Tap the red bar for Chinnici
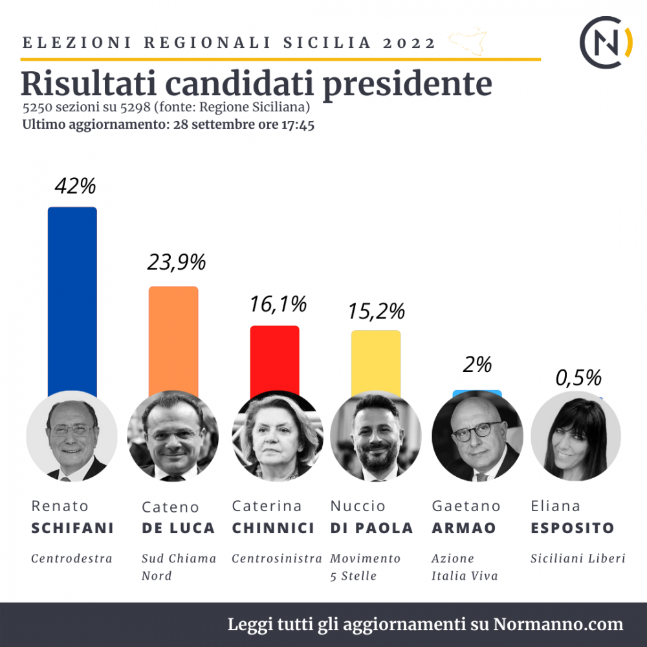click(274, 359)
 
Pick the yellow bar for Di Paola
click(376, 362)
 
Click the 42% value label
click(75, 186)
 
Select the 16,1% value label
click(278, 303)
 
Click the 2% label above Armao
click(477, 365)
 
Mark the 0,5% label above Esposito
click(578, 377)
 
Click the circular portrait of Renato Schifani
click(72, 436)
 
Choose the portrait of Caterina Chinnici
click(276, 436)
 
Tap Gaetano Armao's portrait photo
click(477, 436)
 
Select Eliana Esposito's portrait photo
click(576, 436)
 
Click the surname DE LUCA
click(178, 528)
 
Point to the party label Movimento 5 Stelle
click(366, 566)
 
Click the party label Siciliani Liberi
click(578, 558)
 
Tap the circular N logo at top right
click(606, 42)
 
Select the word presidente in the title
click(406, 83)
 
